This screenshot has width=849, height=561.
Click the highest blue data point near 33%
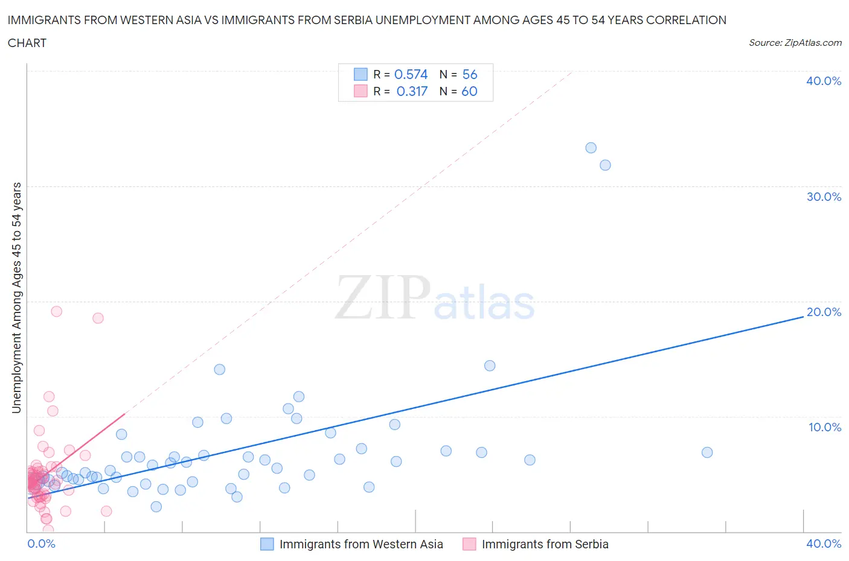[591, 148]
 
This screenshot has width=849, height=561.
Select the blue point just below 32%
[605, 165]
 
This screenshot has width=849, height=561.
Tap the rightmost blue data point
[707, 452]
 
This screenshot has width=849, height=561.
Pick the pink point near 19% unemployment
[57, 311]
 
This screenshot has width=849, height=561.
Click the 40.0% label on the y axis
[824, 81]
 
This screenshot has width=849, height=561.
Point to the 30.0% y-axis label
[824, 197]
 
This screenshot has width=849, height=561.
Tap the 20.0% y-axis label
[824, 312]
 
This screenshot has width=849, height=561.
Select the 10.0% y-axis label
[824, 427]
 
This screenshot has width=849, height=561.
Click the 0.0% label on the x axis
[41, 544]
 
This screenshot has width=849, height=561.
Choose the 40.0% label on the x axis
[824, 544]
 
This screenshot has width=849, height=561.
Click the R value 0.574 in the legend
[411, 74]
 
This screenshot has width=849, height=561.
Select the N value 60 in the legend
[469, 91]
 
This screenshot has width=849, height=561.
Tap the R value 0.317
[412, 91]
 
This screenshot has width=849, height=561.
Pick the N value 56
[469, 74]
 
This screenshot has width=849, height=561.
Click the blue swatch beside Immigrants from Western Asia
[267, 544]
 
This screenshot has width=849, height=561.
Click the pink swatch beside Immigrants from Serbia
[469, 544]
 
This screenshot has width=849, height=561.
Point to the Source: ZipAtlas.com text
[795, 42]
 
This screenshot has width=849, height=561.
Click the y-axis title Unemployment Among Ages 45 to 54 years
[16, 298]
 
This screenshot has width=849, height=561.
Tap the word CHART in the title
[27, 43]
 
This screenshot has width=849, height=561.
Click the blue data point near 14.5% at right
[490, 366]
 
